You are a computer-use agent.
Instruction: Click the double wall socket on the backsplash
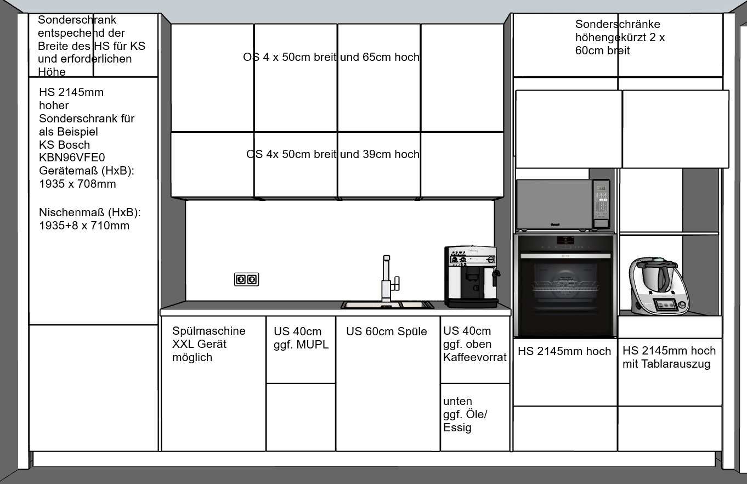pyautogui.click(x=246, y=279)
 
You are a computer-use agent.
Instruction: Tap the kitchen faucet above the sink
pyautogui.click(x=388, y=279)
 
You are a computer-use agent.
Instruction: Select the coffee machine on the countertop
pyautogui.click(x=472, y=277)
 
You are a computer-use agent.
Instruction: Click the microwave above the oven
pyautogui.click(x=563, y=205)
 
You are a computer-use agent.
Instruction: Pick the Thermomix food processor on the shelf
pyautogui.click(x=659, y=286)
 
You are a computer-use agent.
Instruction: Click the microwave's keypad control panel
pyautogui.click(x=601, y=204)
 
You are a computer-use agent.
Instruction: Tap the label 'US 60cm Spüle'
pyautogui.click(x=387, y=331)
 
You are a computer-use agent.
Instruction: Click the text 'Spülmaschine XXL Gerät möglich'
pyautogui.click(x=209, y=344)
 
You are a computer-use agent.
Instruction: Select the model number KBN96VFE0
pyautogui.click(x=72, y=157)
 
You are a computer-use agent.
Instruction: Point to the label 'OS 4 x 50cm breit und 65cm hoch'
pyautogui.click(x=331, y=57)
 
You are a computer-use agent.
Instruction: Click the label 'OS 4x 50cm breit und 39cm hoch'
pyautogui.click(x=333, y=154)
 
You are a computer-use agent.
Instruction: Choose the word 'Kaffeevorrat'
pyautogui.click(x=475, y=357)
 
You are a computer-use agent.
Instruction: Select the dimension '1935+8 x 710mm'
pyautogui.click(x=84, y=226)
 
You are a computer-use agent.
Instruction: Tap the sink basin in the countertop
pyautogui.click(x=387, y=305)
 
